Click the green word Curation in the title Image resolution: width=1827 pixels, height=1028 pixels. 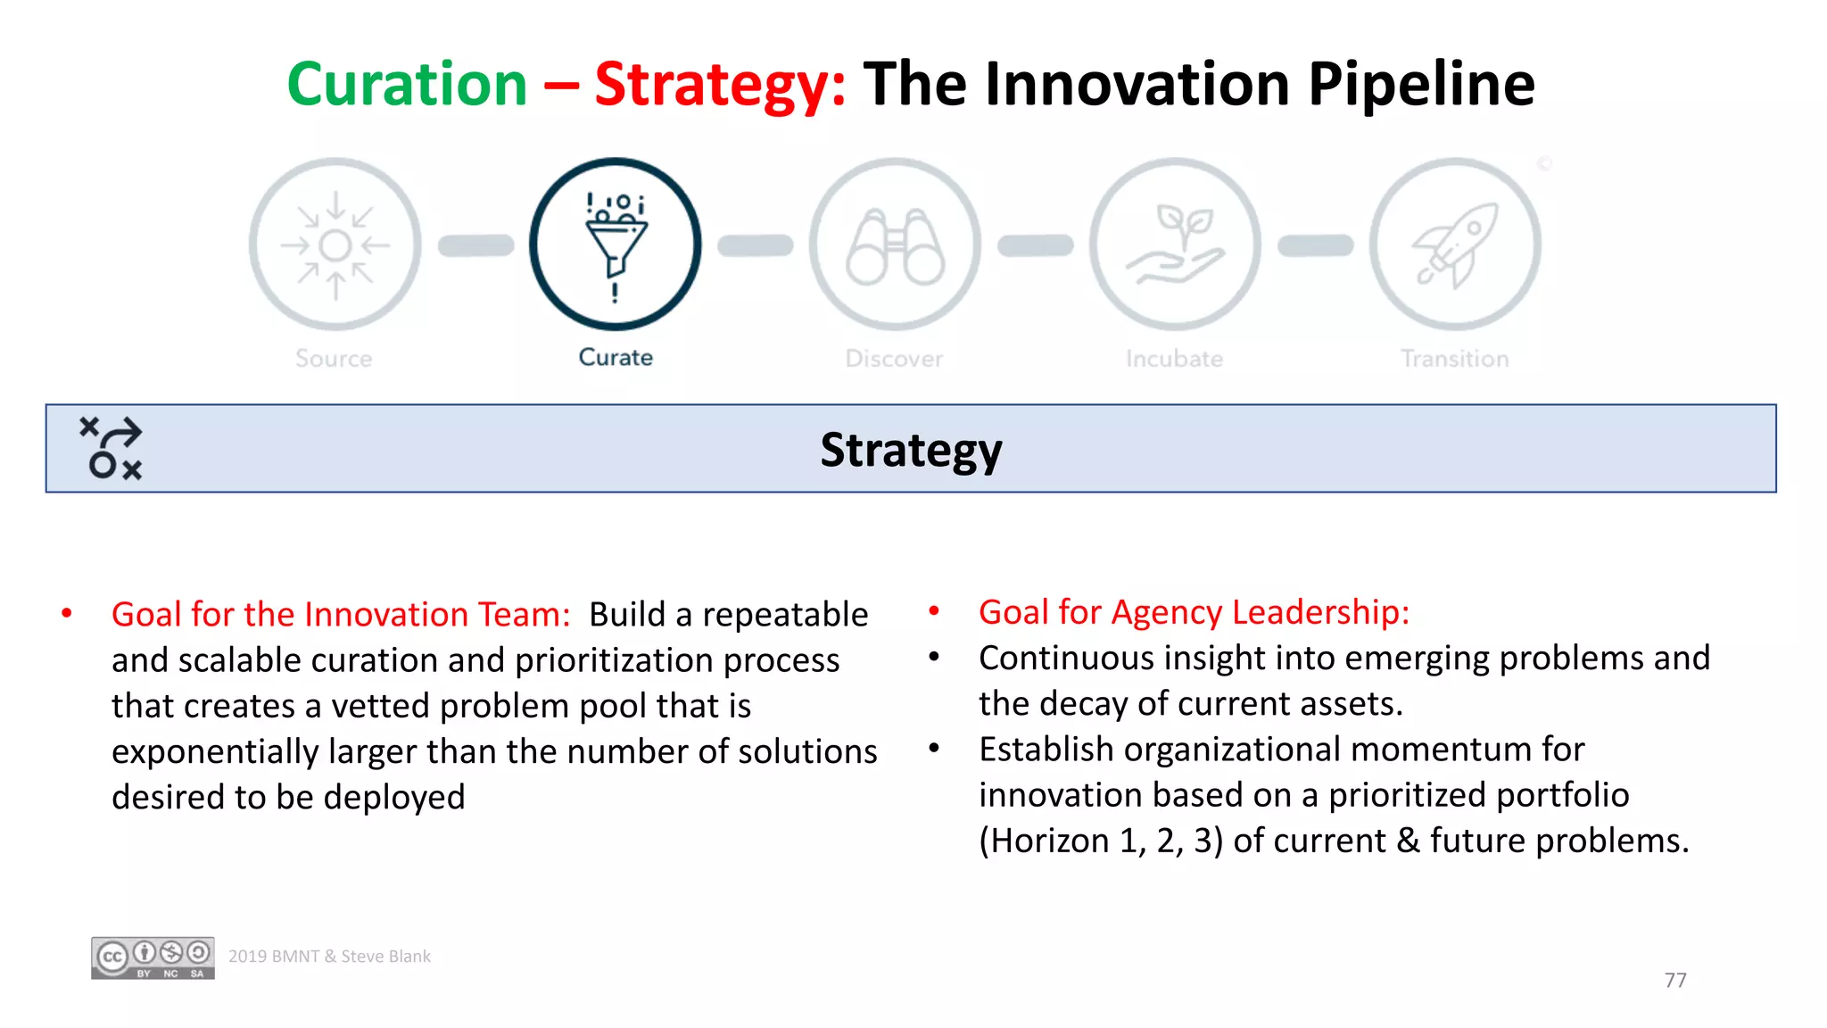[408, 85]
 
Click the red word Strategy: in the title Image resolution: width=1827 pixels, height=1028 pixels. [720, 85]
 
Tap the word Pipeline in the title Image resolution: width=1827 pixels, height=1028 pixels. [1421, 85]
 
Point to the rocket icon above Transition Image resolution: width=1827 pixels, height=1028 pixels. [1455, 245]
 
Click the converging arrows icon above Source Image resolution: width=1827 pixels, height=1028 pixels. [335, 245]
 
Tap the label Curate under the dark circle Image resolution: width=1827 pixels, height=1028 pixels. [616, 357]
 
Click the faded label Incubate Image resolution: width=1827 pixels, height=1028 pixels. [1174, 359]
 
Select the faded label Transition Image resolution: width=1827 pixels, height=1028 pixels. [1454, 359]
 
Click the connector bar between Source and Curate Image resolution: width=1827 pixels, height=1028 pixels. [475, 245]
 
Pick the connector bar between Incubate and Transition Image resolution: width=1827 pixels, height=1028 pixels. [1315, 245]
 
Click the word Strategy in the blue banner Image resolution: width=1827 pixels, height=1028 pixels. [911, 450]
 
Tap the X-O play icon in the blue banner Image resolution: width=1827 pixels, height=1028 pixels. [112, 448]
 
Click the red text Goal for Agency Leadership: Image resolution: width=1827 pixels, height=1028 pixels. [1194, 612]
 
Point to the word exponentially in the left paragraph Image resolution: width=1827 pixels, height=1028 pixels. [214, 751]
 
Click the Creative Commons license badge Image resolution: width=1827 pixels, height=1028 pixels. [153, 958]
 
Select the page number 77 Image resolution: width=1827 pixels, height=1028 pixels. [1674, 980]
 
